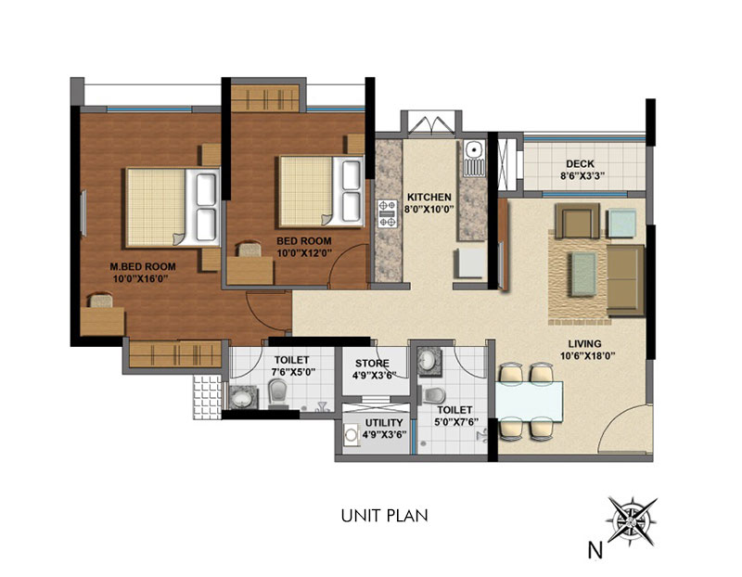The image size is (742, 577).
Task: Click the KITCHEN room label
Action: tap(429, 197)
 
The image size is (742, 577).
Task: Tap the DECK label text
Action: tap(581, 164)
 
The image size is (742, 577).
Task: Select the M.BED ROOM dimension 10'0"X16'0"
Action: tap(141, 279)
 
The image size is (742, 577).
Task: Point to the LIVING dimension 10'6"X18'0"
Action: tap(587, 356)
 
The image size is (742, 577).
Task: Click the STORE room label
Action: tap(373, 364)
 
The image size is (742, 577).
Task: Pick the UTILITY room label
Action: tap(384, 423)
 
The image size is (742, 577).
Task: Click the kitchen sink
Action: tap(474, 158)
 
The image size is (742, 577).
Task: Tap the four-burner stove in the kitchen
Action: tap(387, 214)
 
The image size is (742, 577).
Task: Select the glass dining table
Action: tap(529, 402)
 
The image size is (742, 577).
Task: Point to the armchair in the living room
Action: tap(577, 221)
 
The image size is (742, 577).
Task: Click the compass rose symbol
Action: tap(632, 520)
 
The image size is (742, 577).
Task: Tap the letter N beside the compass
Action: tap(595, 550)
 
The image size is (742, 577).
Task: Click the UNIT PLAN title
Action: tap(384, 516)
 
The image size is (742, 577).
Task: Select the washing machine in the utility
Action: tap(351, 435)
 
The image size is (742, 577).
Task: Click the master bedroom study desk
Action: tap(102, 321)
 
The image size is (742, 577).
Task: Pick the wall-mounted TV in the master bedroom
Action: tap(83, 213)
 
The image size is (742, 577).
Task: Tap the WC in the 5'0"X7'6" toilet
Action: tap(432, 395)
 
